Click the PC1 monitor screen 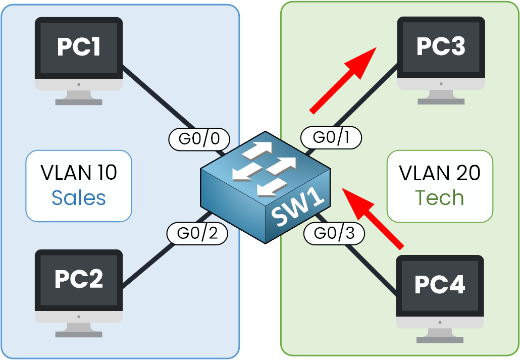(79, 47)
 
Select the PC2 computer (79, 288)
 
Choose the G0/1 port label (331, 138)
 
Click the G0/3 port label (334, 233)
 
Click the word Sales (79, 198)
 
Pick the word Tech (439, 198)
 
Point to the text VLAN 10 (79, 173)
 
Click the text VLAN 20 (439, 173)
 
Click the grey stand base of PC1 (79, 101)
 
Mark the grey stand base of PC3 (441, 101)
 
